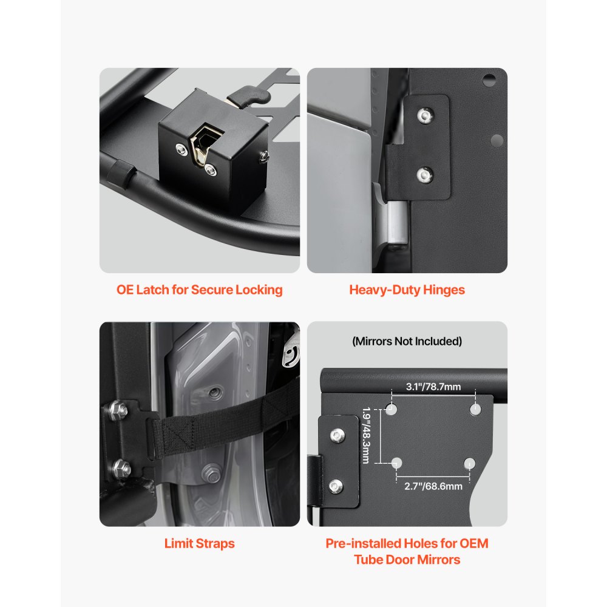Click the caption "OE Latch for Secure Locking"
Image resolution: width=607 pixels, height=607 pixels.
200,290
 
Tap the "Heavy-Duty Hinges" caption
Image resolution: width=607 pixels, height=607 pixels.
407,290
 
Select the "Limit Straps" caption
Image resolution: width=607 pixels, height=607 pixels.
200,543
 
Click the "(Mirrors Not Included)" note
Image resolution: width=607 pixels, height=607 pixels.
407,341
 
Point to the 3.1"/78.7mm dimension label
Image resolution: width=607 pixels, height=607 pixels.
433,387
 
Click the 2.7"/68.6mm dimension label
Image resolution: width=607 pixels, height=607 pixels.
433,486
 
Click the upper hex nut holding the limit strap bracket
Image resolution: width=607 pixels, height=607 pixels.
120,410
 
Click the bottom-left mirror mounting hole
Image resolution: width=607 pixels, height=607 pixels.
396,464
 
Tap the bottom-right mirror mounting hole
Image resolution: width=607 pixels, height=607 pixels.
469,464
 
